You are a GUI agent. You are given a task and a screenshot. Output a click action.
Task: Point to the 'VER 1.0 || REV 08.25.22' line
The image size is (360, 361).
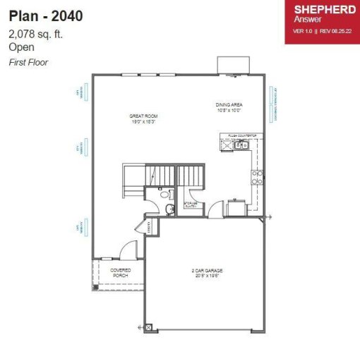point(322,31)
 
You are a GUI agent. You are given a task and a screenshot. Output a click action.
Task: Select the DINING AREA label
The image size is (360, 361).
point(229,104)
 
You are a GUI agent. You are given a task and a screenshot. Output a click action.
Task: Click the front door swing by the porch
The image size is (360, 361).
point(128,250)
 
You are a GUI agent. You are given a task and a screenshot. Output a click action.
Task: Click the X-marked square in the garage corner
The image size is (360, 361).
point(149,326)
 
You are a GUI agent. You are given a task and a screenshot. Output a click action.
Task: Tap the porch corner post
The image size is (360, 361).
point(95,287)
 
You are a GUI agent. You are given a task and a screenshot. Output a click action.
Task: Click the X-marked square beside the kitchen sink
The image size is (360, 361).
point(228,145)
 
